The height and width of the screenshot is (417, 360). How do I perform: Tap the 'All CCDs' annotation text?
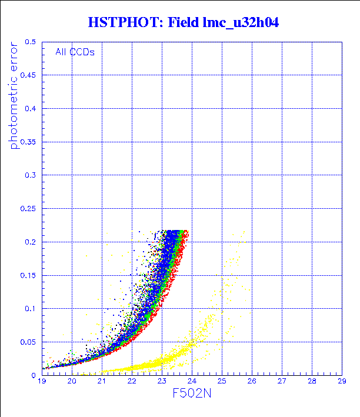(x=75, y=52)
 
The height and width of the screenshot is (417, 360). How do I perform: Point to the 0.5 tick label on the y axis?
(x=29, y=42)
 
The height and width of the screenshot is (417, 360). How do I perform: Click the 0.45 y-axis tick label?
(x=27, y=75)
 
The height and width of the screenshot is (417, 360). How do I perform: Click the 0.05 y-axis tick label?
(x=27, y=342)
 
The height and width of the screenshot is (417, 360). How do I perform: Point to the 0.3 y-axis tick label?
(x=29, y=175)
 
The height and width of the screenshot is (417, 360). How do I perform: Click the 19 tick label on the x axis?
(x=42, y=382)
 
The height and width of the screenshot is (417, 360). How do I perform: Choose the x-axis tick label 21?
(x=102, y=382)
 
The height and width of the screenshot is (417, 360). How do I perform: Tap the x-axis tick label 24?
(x=192, y=382)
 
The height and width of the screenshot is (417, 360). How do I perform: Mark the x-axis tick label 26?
(x=251, y=382)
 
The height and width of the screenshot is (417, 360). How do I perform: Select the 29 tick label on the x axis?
(x=341, y=382)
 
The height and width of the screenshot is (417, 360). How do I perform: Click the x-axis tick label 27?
(x=281, y=382)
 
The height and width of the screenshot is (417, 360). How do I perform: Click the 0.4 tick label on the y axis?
(x=29, y=109)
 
